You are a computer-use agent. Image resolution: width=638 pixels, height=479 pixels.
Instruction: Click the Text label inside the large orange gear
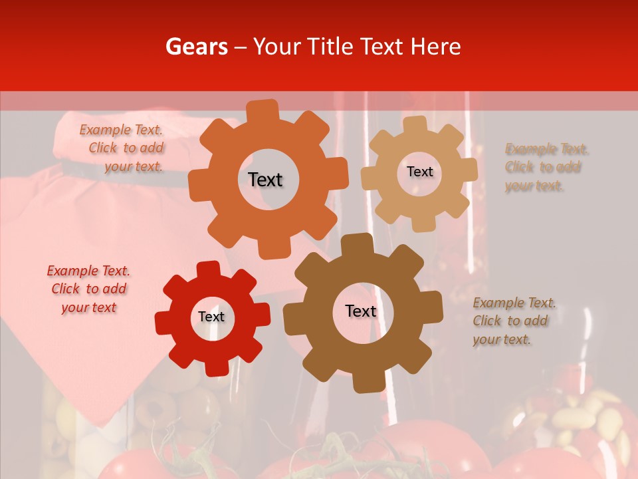pyautogui.click(x=265, y=180)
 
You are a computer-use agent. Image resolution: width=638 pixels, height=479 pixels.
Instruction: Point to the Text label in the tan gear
pyautogui.click(x=419, y=172)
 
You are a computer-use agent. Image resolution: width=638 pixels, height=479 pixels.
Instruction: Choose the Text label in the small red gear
pyautogui.click(x=211, y=317)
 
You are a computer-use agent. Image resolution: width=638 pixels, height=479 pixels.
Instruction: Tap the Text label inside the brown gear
pyautogui.click(x=361, y=311)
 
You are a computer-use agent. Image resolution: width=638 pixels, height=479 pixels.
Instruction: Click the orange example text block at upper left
pyautogui.click(x=123, y=148)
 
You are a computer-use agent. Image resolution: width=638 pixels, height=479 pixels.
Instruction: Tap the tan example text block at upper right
pyautogui.click(x=546, y=167)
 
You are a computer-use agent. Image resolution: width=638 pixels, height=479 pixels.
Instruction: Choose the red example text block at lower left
pyautogui.click(x=88, y=289)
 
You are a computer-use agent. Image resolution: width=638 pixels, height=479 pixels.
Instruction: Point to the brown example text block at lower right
pyautogui.click(x=514, y=321)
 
